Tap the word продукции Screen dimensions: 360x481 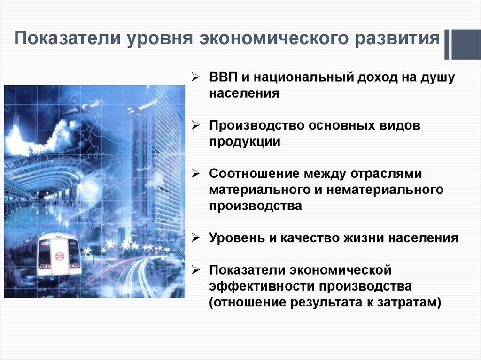pyautogui.click(x=244, y=141)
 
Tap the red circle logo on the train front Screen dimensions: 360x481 pyautogui.click(x=59, y=256)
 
